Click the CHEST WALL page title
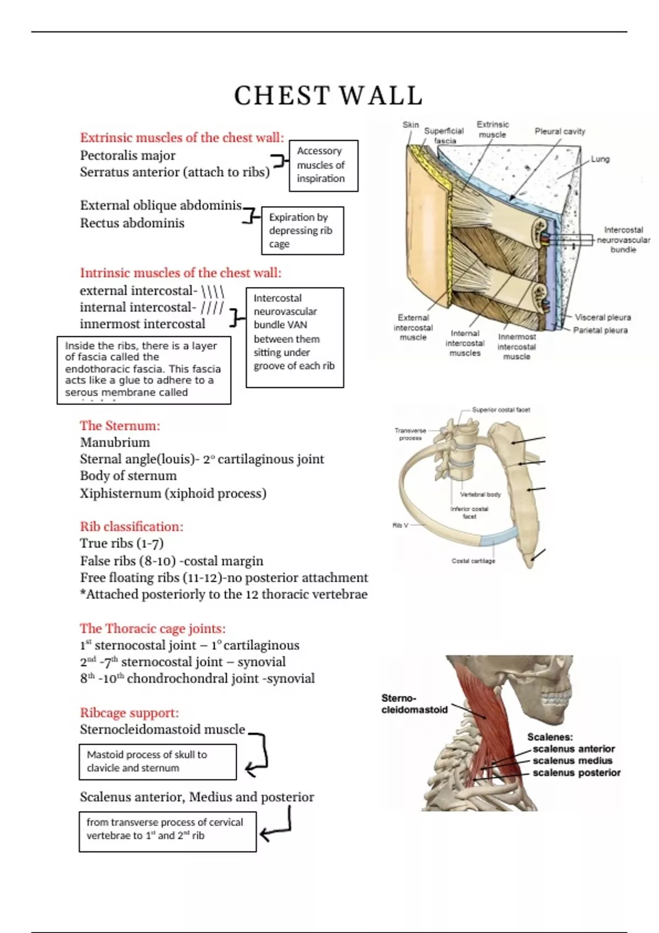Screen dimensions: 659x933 328,95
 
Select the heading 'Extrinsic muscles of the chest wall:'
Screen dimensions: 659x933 182,137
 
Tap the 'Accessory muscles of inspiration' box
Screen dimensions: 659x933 323,166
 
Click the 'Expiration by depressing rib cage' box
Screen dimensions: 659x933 303,231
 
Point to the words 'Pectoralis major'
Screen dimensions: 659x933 127,155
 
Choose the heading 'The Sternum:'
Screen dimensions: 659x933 120,425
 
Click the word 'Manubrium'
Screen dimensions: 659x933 115,442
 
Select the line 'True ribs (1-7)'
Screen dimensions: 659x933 122,543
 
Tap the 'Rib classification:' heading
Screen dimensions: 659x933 132,526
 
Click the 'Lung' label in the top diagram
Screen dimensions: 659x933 600,159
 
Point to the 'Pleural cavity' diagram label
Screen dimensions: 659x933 560,131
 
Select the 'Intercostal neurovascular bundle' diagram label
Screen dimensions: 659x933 623,239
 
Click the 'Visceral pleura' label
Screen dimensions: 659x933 603,317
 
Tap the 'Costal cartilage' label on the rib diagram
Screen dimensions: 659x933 473,561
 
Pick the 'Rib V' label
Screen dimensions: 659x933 400,526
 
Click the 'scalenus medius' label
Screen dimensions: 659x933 572,761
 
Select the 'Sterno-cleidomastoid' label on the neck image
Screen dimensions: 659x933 414,704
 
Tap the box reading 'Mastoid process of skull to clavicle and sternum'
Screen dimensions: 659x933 158,762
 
